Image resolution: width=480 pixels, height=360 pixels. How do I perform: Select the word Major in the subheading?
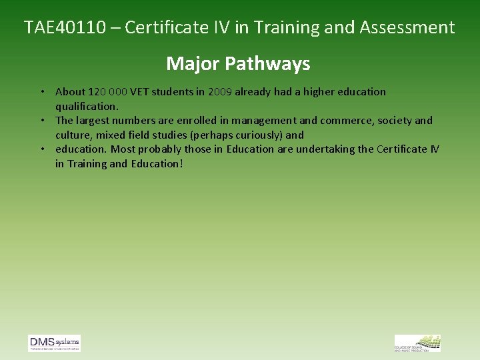click(x=193, y=63)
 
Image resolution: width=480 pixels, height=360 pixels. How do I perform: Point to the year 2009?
click(x=219, y=92)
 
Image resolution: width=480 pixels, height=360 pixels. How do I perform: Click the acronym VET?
click(x=141, y=92)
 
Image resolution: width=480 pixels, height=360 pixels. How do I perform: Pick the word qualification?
click(x=86, y=106)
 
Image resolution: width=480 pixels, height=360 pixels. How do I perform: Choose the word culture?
click(x=73, y=135)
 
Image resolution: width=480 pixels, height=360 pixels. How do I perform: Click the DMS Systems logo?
click(x=54, y=343)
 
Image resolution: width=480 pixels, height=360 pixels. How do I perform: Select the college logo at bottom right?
click(x=417, y=343)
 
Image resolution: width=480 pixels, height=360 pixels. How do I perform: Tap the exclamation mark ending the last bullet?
click(x=181, y=163)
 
